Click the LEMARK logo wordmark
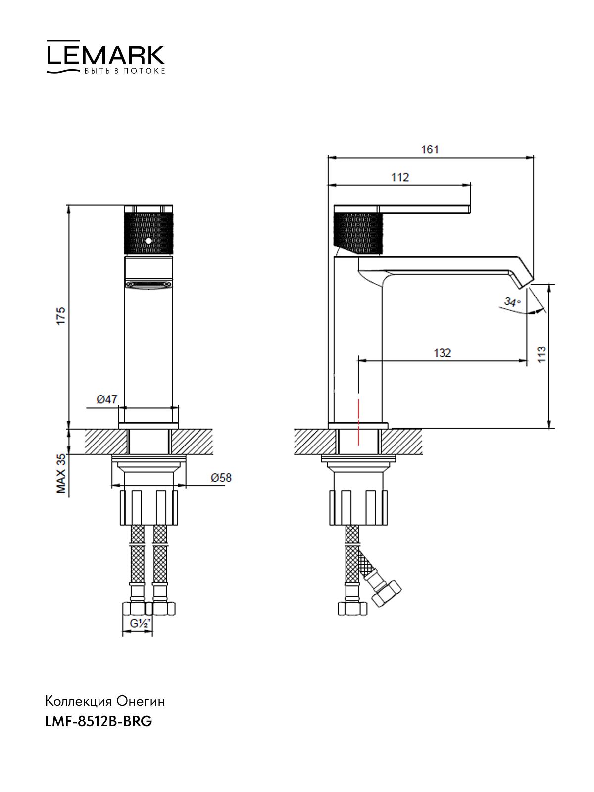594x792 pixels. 105,55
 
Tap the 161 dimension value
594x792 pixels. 430,149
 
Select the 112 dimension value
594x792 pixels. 400,177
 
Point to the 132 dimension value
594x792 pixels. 442,353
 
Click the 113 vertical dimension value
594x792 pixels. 542,354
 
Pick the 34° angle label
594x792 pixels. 512,301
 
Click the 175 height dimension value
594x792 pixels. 61,316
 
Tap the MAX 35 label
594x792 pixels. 61,473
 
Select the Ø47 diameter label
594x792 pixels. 107,399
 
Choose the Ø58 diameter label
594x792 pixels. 221,478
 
